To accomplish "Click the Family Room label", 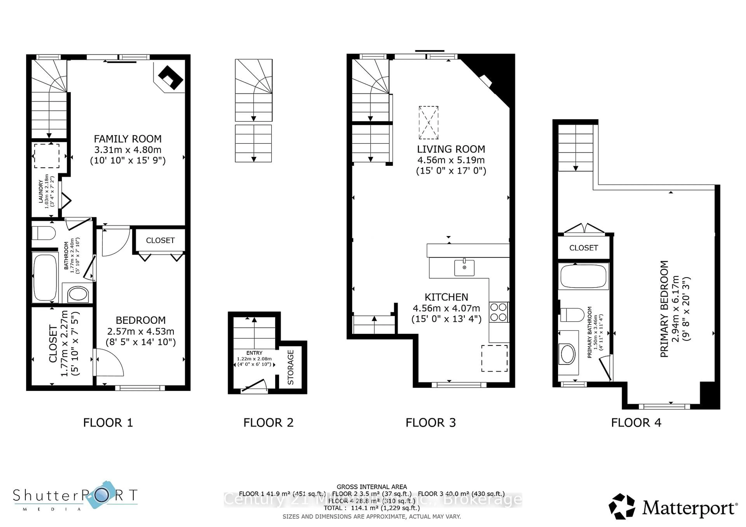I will pos(128,139).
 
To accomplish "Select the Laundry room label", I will pos(41,192).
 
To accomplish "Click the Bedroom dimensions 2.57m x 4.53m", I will pos(140,331).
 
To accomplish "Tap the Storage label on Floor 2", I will pos(290,367).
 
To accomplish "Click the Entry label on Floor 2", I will pos(254,353).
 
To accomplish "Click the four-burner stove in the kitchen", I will pos(498,312).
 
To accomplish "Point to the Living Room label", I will pos(451,149).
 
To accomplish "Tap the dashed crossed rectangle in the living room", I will pos(429,123).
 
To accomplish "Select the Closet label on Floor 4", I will pos(584,248).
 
